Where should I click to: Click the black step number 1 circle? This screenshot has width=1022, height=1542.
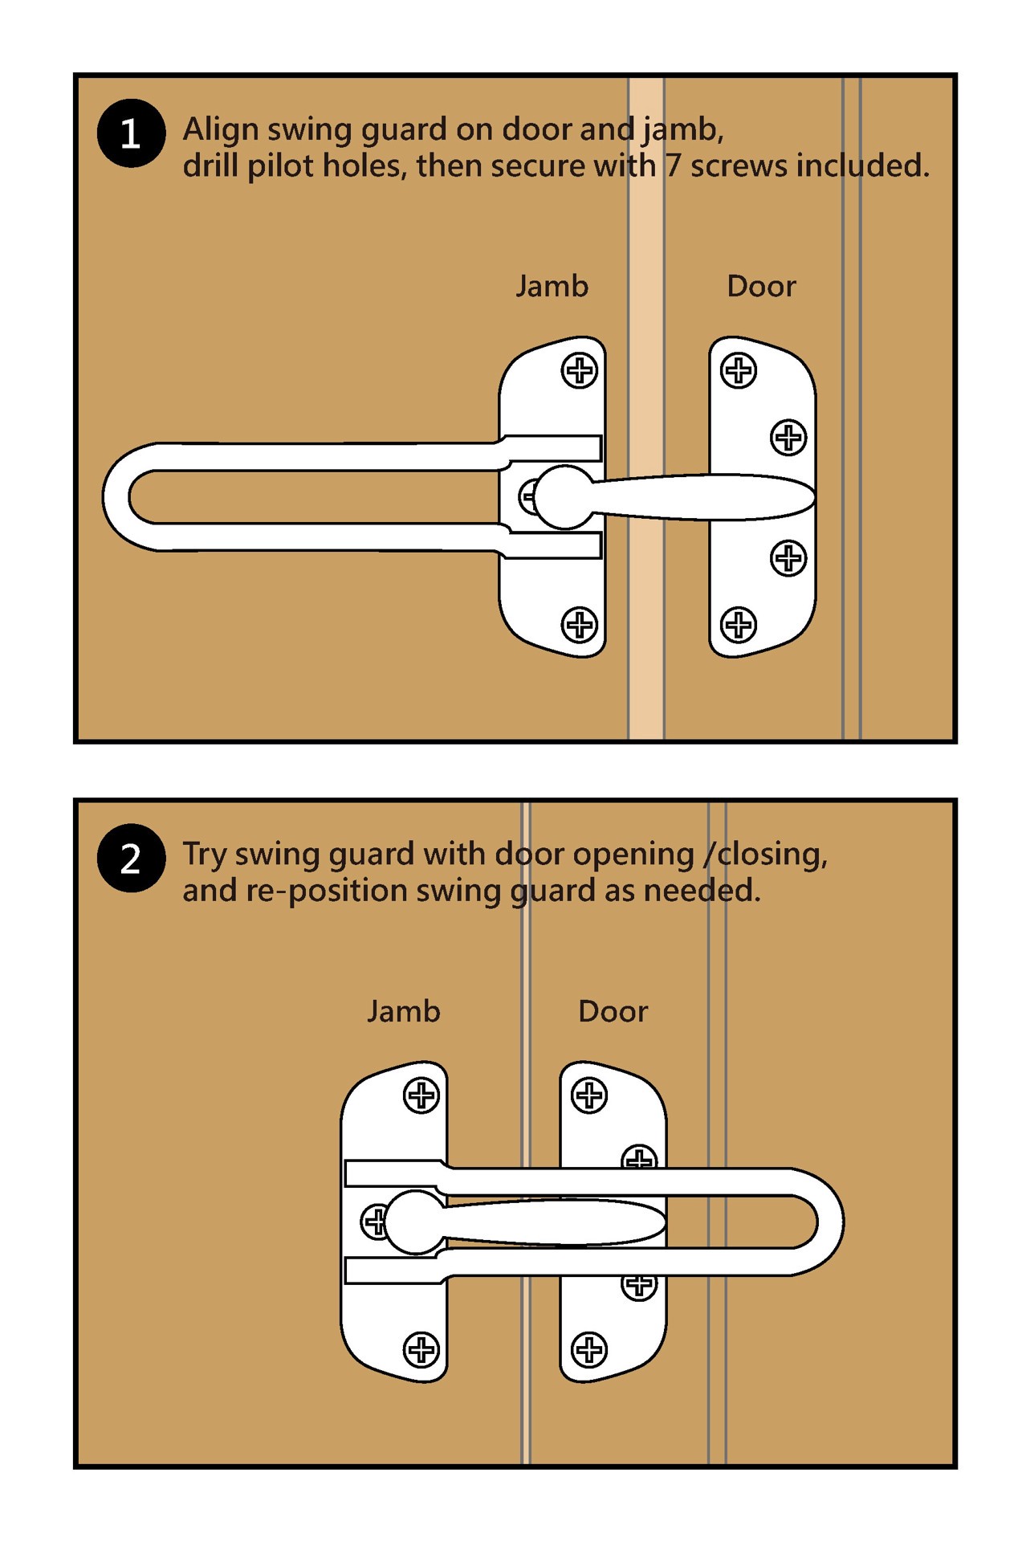pos(131,133)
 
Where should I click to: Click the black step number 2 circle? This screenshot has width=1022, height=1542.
pos(131,859)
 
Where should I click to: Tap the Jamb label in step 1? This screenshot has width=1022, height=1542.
pos(552,287)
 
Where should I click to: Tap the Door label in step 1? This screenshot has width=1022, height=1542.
pos(760,287)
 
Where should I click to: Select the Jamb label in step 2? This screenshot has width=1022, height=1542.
pos(403,1011)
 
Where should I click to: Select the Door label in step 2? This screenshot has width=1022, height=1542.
pos(613,1011)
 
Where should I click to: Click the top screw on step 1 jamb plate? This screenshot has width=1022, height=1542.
pos(579,371)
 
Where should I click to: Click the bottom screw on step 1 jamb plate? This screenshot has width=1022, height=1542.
pos(579,625)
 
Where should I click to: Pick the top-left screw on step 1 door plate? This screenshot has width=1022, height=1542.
pos(738,371)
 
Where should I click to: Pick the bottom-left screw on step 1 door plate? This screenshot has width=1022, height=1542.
pos(738,625)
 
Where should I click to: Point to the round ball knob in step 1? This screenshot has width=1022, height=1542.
pos(564,497)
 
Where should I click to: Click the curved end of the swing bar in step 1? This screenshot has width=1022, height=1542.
pos(117,496)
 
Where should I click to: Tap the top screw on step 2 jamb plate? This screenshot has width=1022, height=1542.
pos(421,1095)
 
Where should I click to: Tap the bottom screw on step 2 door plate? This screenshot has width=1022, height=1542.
pos(588,1349)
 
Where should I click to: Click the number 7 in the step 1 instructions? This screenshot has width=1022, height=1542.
pos(673,166)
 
